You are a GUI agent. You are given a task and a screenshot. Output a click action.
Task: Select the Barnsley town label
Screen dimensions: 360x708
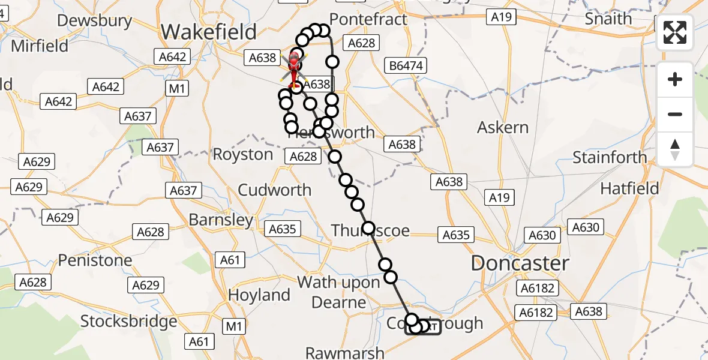tap(221, 220)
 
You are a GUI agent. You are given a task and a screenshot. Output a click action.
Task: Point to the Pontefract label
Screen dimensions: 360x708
tap(368, 19)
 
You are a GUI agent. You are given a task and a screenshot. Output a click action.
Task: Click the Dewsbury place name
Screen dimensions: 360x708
tap(94, 20)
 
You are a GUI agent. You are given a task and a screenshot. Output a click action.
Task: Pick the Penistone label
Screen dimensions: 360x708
tap(95, 260)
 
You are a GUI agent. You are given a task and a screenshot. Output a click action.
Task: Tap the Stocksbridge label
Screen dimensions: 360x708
tap(128, 321)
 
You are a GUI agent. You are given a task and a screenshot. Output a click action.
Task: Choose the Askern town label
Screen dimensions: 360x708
tap(503, 127)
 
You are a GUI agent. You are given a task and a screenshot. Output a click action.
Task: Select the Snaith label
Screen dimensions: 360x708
tap(608, 19)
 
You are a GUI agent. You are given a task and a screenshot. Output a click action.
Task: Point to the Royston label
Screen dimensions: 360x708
tap(243, 154)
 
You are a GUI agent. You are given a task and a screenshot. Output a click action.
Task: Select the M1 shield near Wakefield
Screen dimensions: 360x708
tap(178, 89)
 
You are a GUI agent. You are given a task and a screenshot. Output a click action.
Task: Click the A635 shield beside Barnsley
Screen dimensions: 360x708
tap(283, 229)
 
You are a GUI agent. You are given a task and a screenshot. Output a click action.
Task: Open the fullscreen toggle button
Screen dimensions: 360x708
tap(675, 32)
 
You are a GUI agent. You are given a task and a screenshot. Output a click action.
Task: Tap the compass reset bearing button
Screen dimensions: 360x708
tap(675, 149)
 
